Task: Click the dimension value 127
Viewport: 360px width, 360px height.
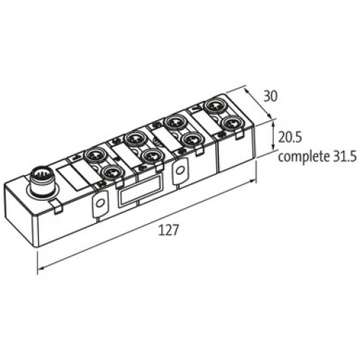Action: (168, 230)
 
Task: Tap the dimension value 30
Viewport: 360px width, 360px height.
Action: (271, 96)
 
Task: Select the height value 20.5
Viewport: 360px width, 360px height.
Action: (289, 138)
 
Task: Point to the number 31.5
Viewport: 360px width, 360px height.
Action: (345, 156)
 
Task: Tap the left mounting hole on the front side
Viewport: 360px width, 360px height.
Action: (99, 203)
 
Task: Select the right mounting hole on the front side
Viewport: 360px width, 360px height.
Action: (179, 171)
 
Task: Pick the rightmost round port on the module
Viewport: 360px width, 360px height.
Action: (231, 123)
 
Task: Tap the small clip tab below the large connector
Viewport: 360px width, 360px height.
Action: (56, 207)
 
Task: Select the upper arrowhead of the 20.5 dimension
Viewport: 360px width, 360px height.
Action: (273, 124)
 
